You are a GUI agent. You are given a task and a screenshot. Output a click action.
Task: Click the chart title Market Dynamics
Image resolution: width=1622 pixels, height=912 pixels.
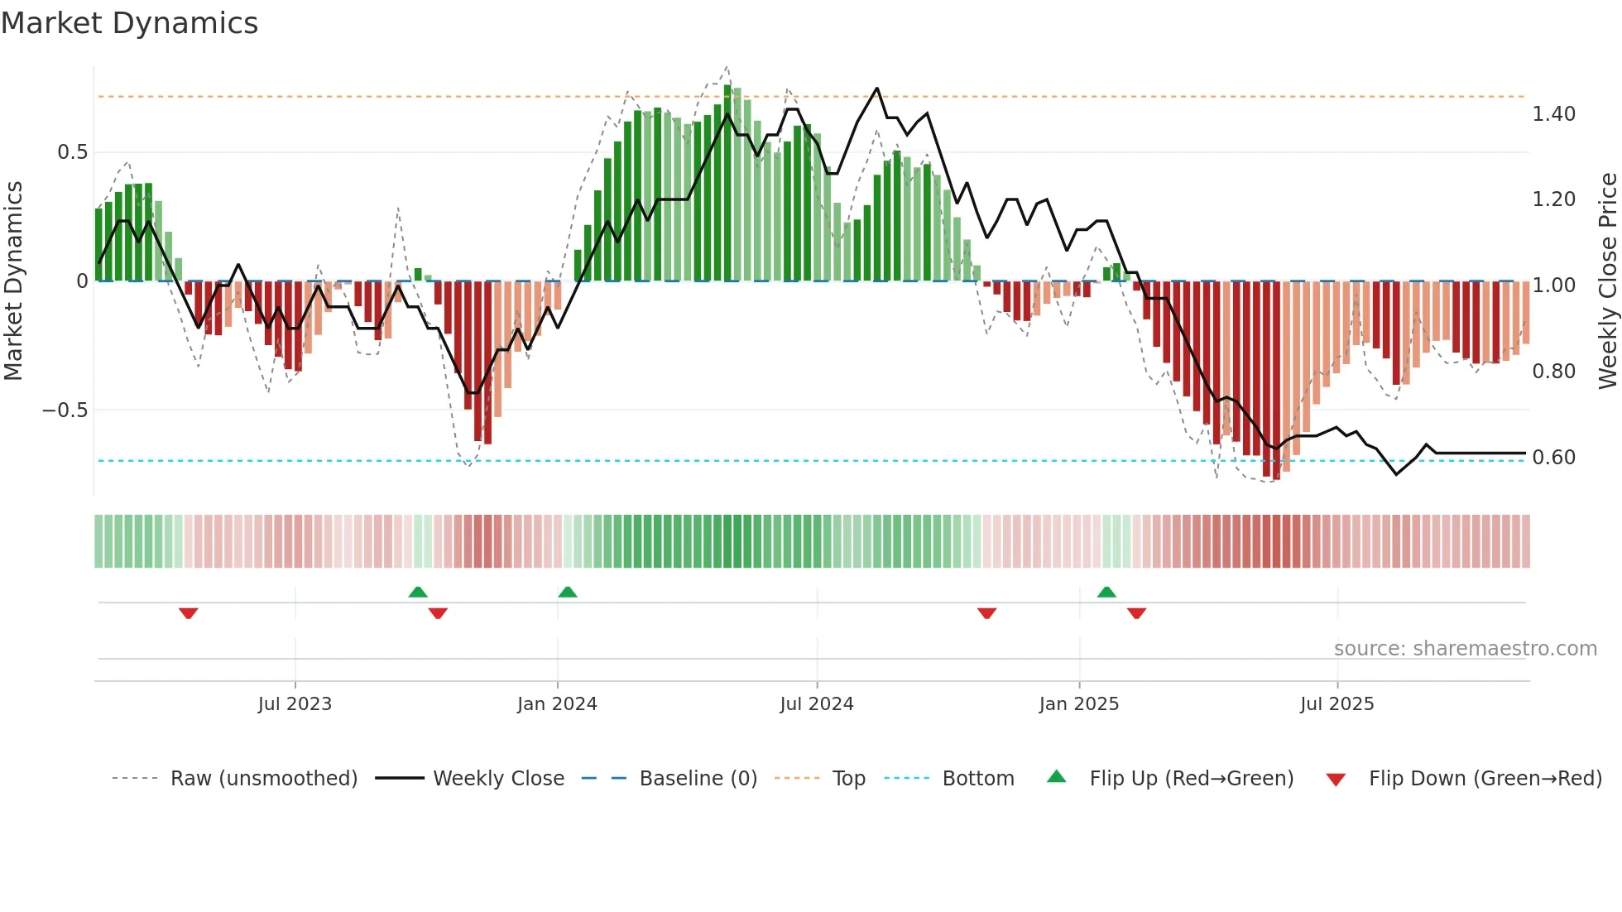(x=129, y=23)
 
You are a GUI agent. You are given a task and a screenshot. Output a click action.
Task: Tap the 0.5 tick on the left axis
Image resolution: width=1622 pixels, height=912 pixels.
(x=72, y=152)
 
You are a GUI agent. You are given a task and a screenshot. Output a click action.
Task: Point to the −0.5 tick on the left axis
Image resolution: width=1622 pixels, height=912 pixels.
(x=65, y=410)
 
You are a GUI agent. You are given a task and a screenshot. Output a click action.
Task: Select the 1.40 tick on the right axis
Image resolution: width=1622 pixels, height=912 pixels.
(x=1553, y=114)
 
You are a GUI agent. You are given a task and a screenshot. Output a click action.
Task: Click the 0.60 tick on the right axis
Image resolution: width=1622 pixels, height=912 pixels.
(x=1553, y=458)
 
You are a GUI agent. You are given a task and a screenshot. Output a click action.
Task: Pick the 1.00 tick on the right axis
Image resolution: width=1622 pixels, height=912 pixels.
(x=1553, y=286)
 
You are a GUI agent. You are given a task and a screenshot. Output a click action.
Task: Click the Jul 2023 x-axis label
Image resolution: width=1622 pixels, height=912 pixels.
(x=295, y=704)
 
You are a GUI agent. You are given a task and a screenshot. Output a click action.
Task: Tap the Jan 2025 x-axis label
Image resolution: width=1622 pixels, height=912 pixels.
(x=1078, y=704)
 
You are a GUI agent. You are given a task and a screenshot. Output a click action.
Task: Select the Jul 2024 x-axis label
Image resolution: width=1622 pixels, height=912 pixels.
(x=816, y=704)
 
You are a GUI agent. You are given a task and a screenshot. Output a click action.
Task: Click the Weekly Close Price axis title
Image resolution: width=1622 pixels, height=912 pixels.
(x=1607, y=281)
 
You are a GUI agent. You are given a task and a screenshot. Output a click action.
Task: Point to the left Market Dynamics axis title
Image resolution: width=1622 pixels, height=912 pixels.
(x=13, y=281)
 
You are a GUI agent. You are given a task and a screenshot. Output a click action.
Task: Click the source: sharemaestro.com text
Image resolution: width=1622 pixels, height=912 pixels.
(x=1465, y=649)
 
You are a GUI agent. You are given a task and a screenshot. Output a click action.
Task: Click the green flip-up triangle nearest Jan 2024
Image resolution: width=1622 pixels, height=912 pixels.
(x=567, y=592)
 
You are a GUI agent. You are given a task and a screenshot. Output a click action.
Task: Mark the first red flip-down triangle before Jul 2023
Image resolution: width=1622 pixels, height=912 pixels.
(x=189, y=613)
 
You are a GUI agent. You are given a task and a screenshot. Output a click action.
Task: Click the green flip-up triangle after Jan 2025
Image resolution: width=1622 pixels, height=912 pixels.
(x=1106, y=592)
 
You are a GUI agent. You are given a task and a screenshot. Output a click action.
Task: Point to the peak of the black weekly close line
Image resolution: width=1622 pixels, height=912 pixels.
(x=876, y=89)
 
